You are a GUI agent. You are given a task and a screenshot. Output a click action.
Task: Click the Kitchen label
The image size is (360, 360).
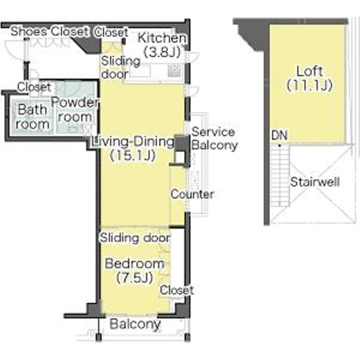click(x=162, y=38)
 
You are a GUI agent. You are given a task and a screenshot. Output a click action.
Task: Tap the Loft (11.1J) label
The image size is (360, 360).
click(x=310, y=78)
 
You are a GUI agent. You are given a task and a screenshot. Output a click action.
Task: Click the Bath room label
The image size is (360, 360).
click(x=32, y=117)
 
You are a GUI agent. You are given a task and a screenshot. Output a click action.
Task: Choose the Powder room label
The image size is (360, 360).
click(x=75, y=109)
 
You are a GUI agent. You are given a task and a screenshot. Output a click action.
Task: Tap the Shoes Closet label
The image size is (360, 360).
click(x=50, y=32)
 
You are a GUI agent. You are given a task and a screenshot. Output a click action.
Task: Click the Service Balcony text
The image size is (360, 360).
click(x=215, y=138)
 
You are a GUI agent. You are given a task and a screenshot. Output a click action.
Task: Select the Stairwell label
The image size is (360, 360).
click(x=315, y=181)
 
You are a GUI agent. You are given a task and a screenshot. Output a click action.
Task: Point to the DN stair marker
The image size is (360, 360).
click(x=279, y=135)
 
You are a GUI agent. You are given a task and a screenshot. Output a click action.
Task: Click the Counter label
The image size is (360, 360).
click(x=192, y=194)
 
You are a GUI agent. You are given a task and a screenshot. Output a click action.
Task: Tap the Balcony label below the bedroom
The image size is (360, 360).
click(x=135, y=324)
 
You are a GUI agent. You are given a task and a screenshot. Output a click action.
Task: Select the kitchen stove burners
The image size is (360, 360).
click(x=174, y=71)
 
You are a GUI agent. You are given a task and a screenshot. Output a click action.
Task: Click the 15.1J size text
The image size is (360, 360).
click(x=132, y=156)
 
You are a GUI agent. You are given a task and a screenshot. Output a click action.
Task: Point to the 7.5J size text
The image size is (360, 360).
click(x=135, y=278)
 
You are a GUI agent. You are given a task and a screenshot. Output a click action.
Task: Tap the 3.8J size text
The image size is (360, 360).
click(x=162, y=52)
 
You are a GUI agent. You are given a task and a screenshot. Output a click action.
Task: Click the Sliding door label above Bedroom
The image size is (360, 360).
click(x=135, y=238)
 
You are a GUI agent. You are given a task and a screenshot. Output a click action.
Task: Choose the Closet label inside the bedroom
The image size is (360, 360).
click(x=176, y=290)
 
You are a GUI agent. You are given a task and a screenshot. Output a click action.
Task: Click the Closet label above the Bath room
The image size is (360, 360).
click(x=34, y=87)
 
